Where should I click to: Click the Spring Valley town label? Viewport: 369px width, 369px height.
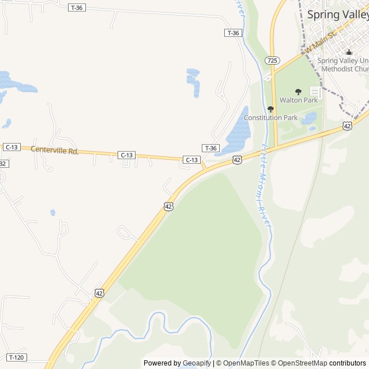[x=337, y=14]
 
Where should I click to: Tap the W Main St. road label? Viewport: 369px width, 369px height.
[x=321, y=43]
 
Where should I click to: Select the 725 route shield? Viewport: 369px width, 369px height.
[x=273, y=60]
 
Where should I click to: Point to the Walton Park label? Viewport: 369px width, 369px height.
[x=298, y=100]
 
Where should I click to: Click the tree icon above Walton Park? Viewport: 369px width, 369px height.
[x=298, y=92]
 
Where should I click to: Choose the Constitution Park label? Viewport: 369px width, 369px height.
[x=270, y=118]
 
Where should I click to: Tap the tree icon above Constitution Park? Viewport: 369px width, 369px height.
[x=270, y=109]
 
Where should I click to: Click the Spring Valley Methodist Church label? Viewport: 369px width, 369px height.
[x=343, y=65]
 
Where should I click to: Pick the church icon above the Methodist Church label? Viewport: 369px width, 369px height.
[x=348, y=52]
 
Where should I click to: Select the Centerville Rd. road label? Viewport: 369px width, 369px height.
[x=54, y=150]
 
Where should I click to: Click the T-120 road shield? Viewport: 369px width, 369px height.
[x=17, y=357]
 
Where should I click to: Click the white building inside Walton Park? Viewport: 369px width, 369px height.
[x=315, y=92]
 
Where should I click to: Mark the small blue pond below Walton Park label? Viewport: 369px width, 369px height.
[x=310, y=119]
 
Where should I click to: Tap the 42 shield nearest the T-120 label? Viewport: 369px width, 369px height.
[x=99, y=293]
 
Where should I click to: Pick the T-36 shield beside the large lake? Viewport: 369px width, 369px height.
[x=210, y=148]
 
